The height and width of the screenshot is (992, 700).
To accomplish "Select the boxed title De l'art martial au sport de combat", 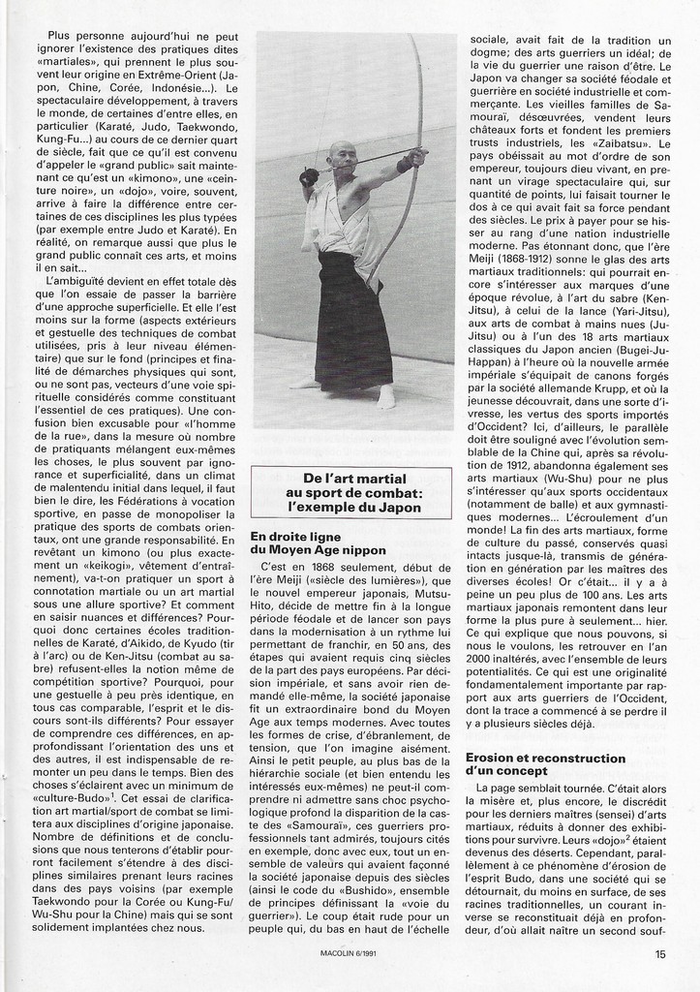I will (350, 493).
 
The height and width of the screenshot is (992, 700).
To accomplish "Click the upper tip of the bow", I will (411, 39).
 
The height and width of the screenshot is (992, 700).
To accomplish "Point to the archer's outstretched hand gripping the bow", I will (415, 155).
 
